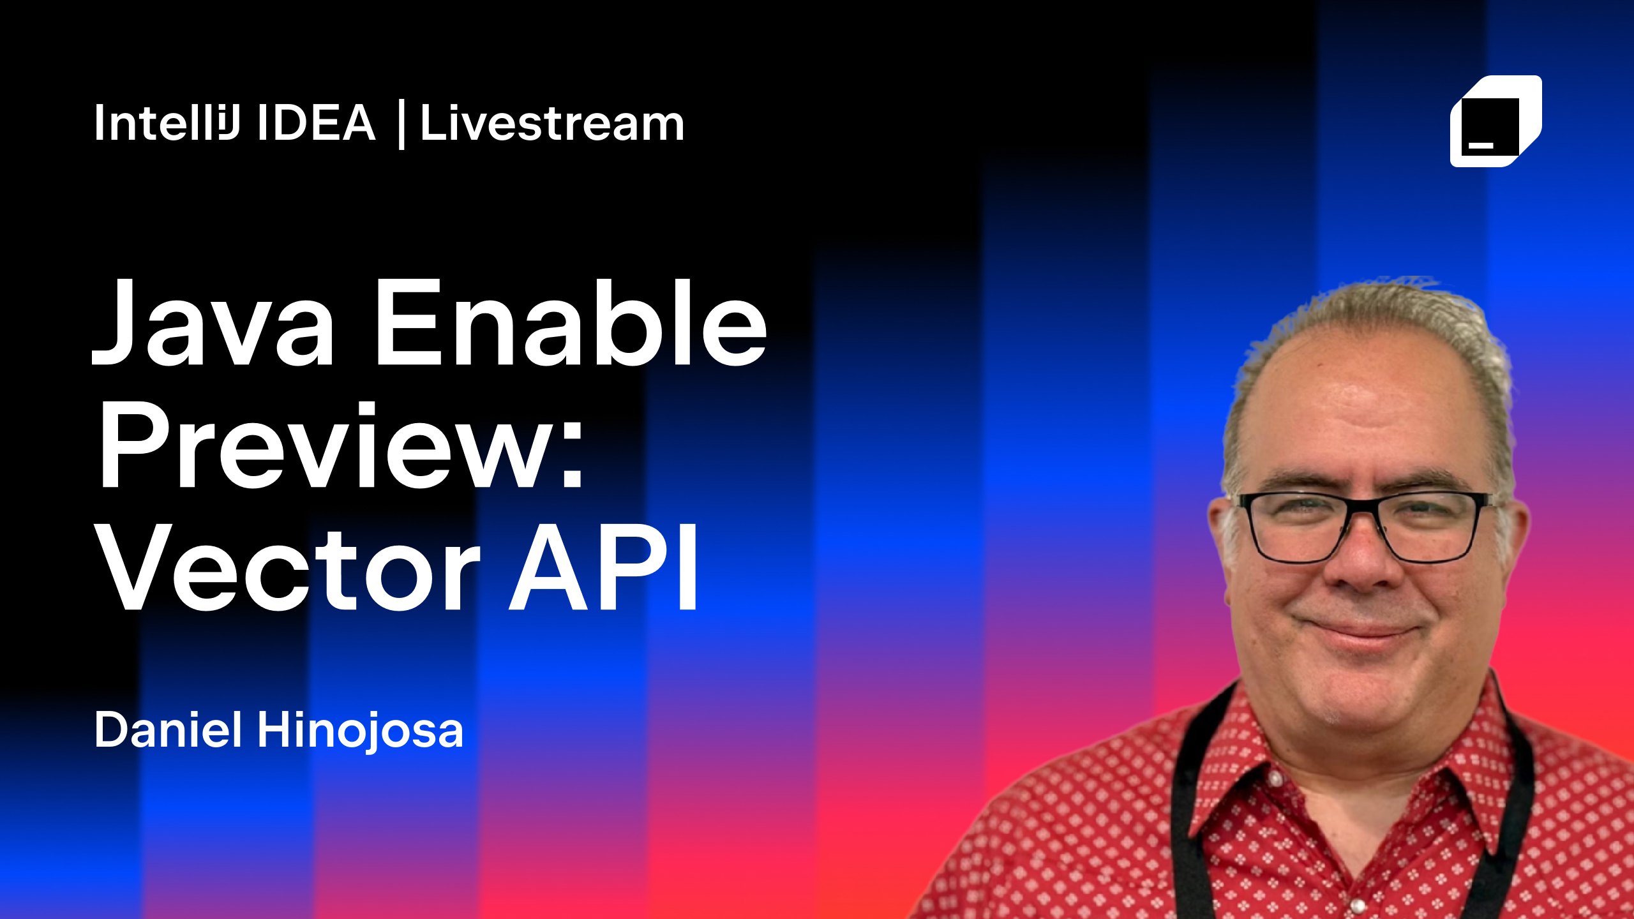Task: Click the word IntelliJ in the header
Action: click(167, 122)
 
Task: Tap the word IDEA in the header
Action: click(317, 122)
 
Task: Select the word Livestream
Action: click(552, 122)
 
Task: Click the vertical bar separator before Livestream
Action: click(401, 124)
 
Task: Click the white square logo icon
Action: click(1495, 121)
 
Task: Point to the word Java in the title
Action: click(213, 324)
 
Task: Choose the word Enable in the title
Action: click(572, 322)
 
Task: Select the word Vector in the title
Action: click(287, 567)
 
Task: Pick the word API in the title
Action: click(603, 567)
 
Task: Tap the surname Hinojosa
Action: click(360, 731)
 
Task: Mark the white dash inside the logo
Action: click(1481, 146)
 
